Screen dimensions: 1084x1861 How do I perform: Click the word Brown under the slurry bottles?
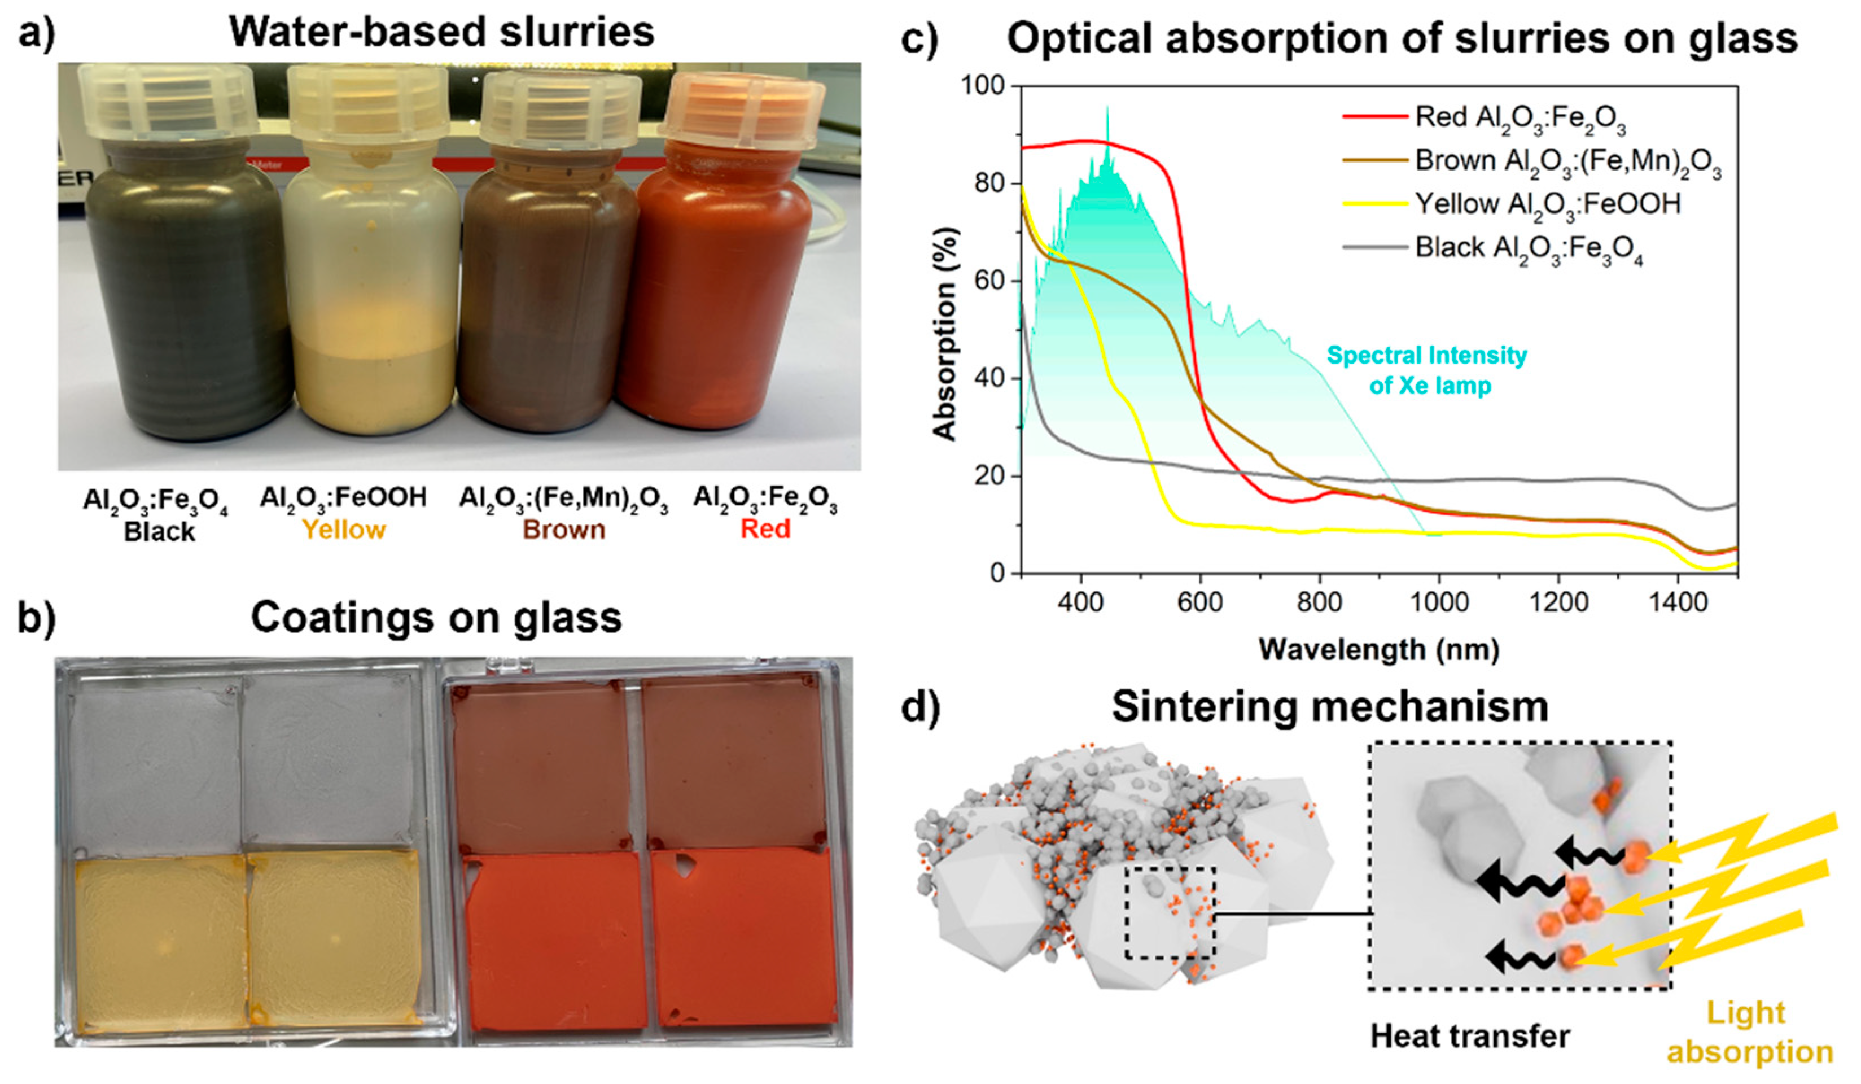(x=563, y=530)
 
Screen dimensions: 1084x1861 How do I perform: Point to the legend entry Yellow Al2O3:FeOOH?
(x=1547, y=204)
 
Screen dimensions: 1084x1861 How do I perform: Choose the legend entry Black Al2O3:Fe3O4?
(x=1529, y=248)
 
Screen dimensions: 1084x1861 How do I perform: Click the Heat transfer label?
(x=1470, y=1037)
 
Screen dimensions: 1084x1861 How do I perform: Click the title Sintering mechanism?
(x=1330, y=707)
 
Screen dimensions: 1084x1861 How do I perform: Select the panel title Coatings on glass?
(x=436, y=617)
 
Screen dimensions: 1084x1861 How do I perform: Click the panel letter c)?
(x=919, y=38)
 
